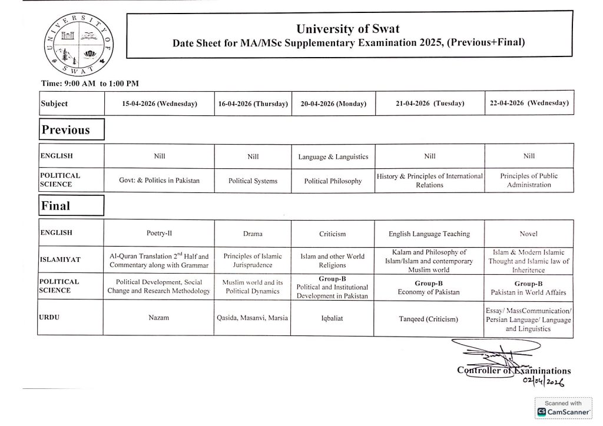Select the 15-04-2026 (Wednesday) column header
tap(160, 104)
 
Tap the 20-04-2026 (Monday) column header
tap(333, 104)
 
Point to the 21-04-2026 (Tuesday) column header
tap(430, 103)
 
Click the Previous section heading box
tap(71, 129)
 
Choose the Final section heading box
tap(71, 206)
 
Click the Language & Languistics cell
tap(333, 157)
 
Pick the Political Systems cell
tap(253, 181)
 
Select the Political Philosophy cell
tap(333, 181)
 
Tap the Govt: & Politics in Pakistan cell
tap(160, 180)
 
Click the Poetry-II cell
tap(160, 234)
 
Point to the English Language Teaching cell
tap(429, 234)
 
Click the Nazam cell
tap(160, 318)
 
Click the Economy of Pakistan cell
tap(429, 288)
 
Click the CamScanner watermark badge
tap(564, 408)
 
